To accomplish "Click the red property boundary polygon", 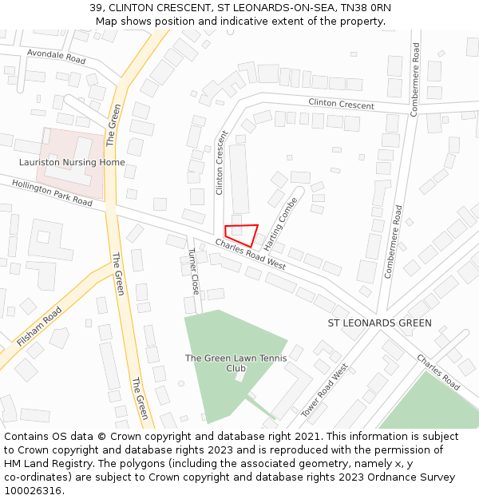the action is [241, 235].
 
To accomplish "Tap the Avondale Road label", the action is [56, 57].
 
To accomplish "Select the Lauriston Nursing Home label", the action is [72, 162].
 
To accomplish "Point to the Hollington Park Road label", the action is [53, 192].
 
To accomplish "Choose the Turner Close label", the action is [192, 271].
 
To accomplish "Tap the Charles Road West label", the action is [250, 253].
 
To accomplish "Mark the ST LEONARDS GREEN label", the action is [380, 323].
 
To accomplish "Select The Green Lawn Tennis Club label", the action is [227, 363].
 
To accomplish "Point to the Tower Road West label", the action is [325, 390].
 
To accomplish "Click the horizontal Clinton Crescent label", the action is [341, 105].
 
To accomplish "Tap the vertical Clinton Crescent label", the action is [221, 163].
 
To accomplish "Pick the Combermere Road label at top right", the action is [415, 80].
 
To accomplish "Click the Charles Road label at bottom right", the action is [438, 371].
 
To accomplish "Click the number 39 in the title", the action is [95, 8].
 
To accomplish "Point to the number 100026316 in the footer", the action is [32, 490].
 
